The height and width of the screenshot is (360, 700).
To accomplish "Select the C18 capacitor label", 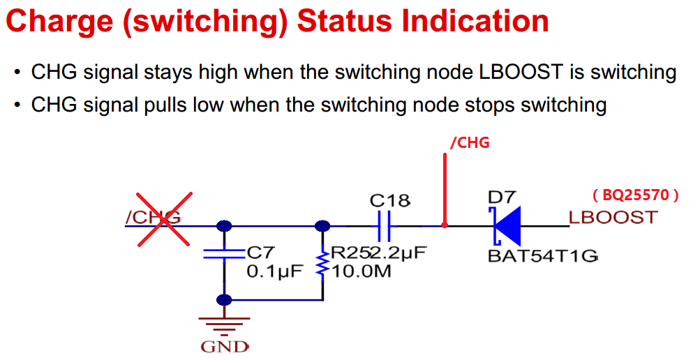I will (389, 201).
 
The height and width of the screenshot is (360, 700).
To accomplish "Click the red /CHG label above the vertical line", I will (470, 143).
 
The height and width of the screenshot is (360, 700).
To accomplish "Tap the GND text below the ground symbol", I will (224, 346).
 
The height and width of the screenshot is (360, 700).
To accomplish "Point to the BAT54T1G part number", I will (542, 255).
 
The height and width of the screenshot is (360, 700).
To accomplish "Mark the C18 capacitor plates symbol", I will (383, 225).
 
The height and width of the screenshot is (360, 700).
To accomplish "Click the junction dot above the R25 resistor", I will (322, 225).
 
